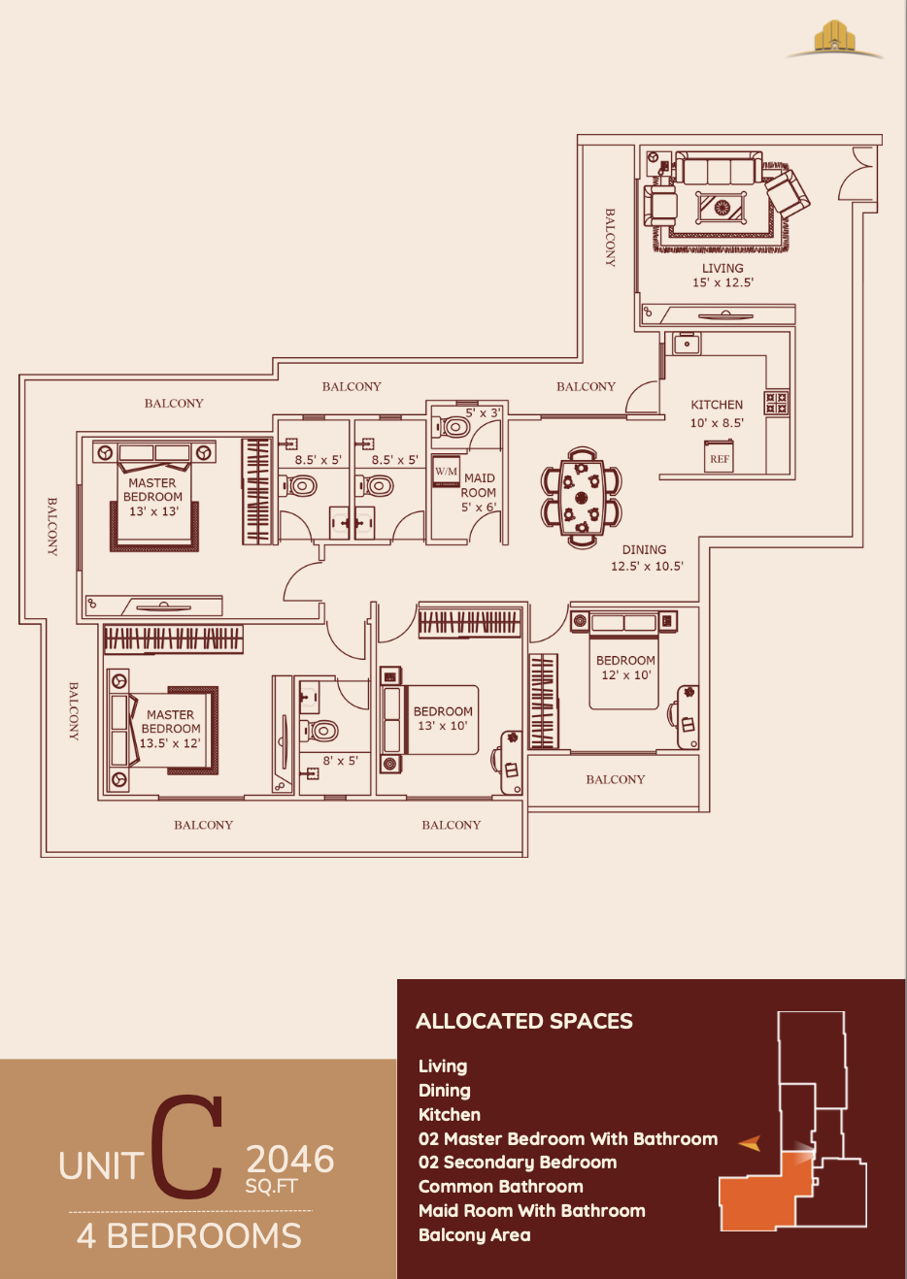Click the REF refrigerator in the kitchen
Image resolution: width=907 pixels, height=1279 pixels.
(719, 458)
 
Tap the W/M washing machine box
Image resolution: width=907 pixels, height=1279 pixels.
(446, 472)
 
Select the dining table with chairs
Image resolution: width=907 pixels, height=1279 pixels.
(581, 497)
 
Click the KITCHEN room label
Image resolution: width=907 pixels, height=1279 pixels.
(717, 405)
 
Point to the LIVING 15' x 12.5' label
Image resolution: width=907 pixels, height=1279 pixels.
(722, 276)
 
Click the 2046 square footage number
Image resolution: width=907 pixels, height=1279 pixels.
(289, 1160)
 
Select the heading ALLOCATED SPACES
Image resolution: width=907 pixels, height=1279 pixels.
(524, 1021)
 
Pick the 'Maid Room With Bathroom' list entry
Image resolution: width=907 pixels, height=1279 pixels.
(531, 1210)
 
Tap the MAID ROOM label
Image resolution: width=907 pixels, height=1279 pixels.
(479, 485)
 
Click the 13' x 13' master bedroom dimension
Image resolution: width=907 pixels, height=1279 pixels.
(153, 511)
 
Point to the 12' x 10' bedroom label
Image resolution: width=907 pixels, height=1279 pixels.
(625, 668)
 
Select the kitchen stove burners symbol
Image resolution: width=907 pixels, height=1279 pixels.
(776, 403)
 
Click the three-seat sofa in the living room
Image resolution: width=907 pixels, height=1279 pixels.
(720, 170)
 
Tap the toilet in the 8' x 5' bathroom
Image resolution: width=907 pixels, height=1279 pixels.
(322, 730)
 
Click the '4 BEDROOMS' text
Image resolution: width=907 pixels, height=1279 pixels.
(189, 1236)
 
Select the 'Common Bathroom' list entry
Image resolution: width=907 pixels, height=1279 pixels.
(500, 1186)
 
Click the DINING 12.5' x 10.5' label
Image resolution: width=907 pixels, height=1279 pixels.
(646, 558)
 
